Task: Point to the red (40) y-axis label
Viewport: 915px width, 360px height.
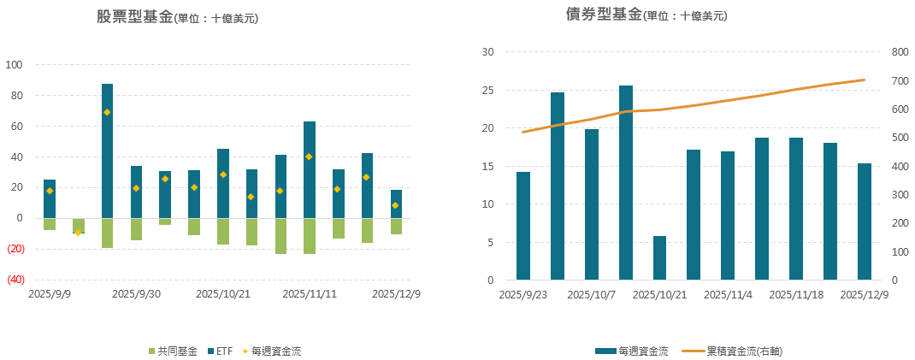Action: click(16, 280)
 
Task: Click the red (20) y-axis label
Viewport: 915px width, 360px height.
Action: click(16, 249)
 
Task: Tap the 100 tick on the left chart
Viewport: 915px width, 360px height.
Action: click(15, 65)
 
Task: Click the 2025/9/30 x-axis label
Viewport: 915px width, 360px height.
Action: click(136, 293)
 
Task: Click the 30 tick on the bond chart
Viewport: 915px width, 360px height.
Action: click(488, 52)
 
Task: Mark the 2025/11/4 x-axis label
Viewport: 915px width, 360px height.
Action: click(728, 295)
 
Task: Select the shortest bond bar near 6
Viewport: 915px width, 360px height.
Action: click(659, 258)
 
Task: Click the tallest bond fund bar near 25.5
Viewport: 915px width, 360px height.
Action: click(625, 183)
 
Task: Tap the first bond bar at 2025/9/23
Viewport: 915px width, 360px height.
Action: click(522, 226)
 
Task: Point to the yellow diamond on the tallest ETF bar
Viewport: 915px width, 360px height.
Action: click(107, 112)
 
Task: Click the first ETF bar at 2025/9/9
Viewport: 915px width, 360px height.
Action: click(50, 198)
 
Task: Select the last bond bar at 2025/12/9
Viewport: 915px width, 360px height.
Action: click(864, 221)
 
